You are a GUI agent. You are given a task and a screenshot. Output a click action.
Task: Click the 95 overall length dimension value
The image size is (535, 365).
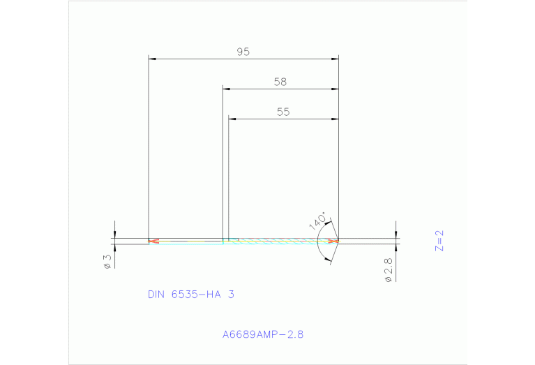click(243, 52)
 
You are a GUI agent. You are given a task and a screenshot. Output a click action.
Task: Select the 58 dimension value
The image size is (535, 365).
click(280, 82)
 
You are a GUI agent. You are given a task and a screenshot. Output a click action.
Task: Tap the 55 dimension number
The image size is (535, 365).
click(282, 112)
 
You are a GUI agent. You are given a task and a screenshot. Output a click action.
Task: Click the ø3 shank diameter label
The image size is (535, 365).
click(107, 261)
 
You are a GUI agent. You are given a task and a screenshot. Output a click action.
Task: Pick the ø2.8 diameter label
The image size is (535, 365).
click(389, 269)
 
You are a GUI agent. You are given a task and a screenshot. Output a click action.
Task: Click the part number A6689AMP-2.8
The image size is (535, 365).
click(263, 334)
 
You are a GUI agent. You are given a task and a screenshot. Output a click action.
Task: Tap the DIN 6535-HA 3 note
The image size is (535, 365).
click(190, 295)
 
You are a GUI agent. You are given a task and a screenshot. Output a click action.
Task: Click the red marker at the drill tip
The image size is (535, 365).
click(334, 241)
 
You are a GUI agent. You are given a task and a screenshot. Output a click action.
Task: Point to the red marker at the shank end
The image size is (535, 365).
click(153, 241)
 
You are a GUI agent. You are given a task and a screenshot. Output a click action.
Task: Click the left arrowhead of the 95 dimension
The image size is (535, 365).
click(153, 59)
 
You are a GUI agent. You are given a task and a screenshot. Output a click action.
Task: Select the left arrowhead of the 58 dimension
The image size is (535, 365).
click(227, 89)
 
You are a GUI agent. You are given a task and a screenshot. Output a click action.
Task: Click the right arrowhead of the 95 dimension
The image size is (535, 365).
click(335, 59)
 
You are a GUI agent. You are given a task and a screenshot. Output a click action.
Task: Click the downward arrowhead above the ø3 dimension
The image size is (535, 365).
click(114, 234)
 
